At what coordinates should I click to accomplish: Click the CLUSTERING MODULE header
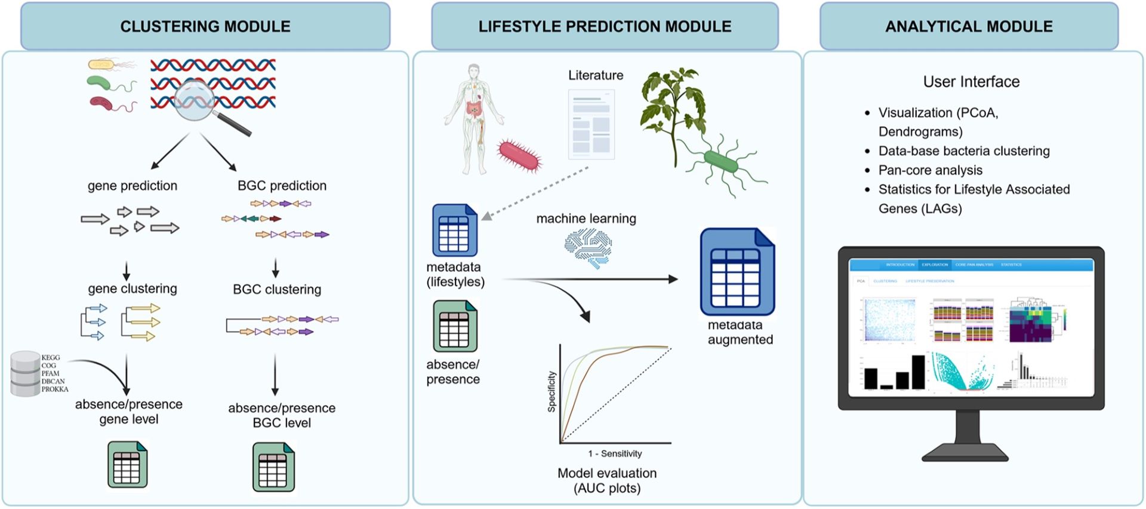point(205,26)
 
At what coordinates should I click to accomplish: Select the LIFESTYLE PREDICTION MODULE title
point(605,26)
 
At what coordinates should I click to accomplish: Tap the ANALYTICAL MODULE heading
point(968,26)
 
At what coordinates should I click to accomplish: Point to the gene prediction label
point(133,186)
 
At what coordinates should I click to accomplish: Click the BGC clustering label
point(277,289)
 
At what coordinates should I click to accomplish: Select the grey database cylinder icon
point(25,374)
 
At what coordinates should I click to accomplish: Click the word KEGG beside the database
point(51,357)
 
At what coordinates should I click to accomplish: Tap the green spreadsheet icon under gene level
point(127,465)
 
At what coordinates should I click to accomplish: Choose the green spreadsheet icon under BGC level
point(273,467)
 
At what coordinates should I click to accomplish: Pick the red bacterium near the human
point(519,155)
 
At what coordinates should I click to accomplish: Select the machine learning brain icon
point(588,248)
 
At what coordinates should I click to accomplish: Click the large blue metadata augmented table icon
point(737,272)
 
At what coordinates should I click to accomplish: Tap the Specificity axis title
point(552,391)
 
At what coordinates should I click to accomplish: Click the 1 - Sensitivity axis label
point(615,453)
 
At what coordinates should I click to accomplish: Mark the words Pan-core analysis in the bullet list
point(930,170)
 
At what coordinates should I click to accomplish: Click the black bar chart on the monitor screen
point(894,373)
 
